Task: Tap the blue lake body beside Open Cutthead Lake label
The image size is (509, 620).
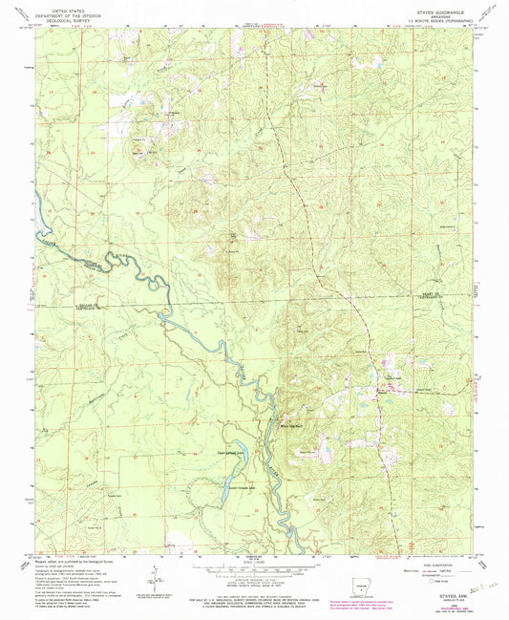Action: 245,446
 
